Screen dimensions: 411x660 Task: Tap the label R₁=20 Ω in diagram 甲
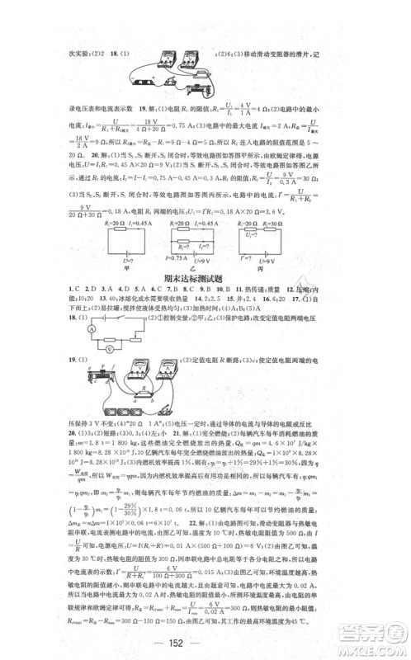pyautogui.click(x=106, y=223)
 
